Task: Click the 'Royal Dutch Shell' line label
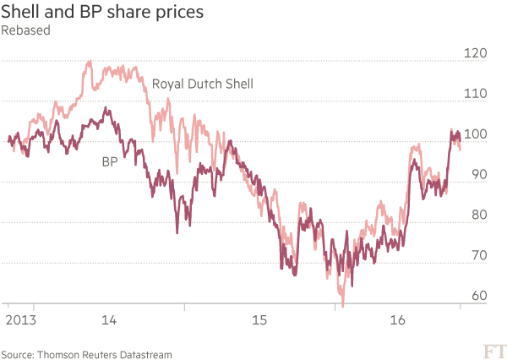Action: coord(203,84)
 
